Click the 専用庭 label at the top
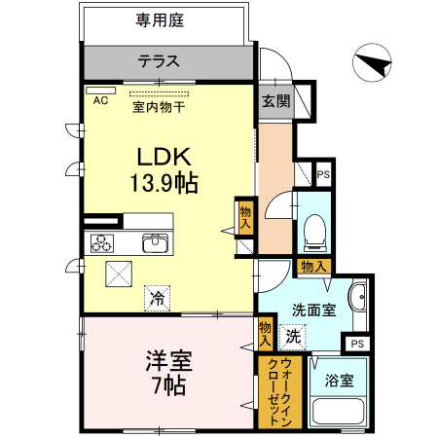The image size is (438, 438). tap(162, 18)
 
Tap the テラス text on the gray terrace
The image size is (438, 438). tap(158, 61)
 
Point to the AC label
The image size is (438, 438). tap(100, 99)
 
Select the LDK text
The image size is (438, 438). tap(162, 156)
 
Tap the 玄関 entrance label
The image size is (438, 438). tap(274, 101)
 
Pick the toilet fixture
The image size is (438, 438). tap(313, 230)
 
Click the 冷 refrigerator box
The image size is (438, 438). tap(156, 298)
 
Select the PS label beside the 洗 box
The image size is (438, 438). tap(358, 344)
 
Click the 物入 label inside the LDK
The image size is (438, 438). tap(244, 216)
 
